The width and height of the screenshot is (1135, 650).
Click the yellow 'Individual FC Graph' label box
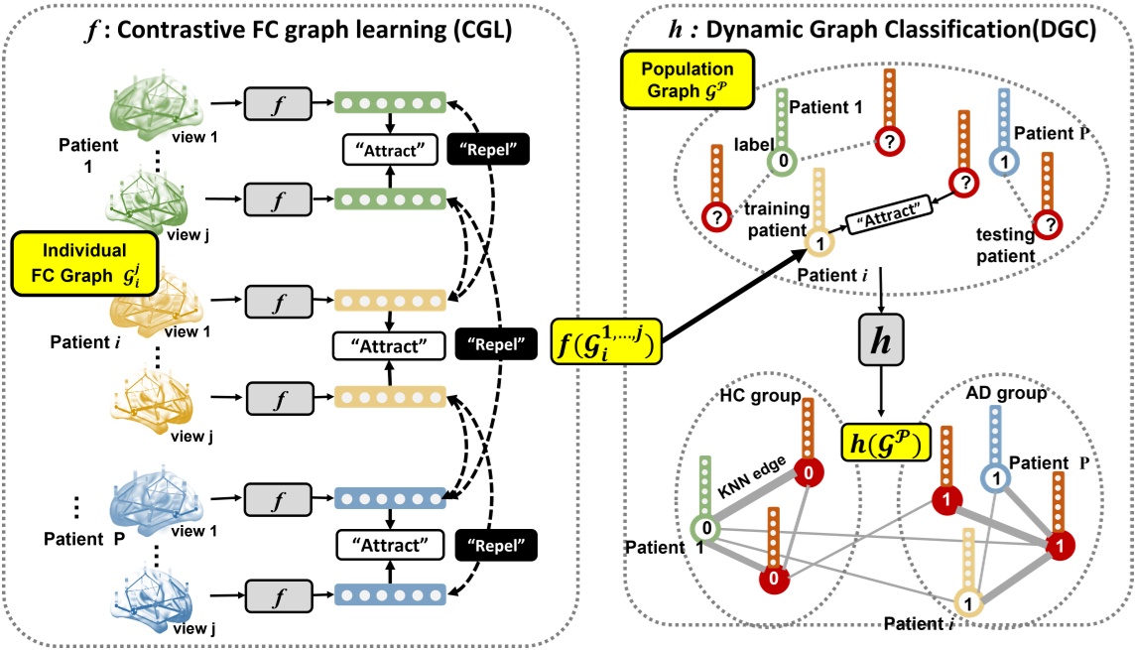coord(85,263)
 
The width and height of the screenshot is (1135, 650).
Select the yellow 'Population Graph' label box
coord(687,81)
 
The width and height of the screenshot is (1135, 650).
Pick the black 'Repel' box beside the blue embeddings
coord(491,543)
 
